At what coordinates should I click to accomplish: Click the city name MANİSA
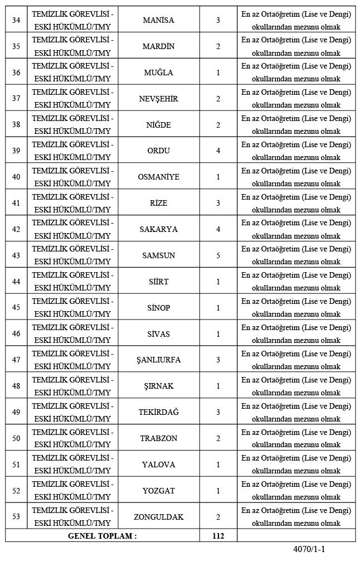click(x=158, y=20)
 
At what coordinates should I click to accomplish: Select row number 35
click(x=16, y=46)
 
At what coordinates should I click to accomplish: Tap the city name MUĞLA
click(x=158, y=72)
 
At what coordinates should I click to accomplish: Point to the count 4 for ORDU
click(x=218, y=151)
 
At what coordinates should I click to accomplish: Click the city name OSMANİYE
click(x=158, y=177)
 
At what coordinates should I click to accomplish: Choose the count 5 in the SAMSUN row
click(x=218, y=255)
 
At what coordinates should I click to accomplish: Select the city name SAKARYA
click(x=158, y=229)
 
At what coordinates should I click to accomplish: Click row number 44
click(x=16, y=282)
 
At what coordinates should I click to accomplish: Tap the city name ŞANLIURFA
click(x=158, y=360)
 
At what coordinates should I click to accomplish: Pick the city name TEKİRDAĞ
click(x=158, y=412)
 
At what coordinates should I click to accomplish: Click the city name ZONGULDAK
click(x=158, y=517)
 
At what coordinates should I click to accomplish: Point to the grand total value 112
click(x=218, y=536)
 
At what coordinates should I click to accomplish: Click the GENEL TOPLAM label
click(x=102, y=536)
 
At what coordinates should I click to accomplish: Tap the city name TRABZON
click(x=158, y=438)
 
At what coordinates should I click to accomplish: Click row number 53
click(x=16, y=517)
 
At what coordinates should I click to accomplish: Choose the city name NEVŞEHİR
click(x=158, y=99)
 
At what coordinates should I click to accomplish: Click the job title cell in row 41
click(x=72, y=203)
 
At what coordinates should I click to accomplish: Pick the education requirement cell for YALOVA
click(x=296, y=464)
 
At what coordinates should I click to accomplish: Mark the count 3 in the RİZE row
click(x=218, y=203)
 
